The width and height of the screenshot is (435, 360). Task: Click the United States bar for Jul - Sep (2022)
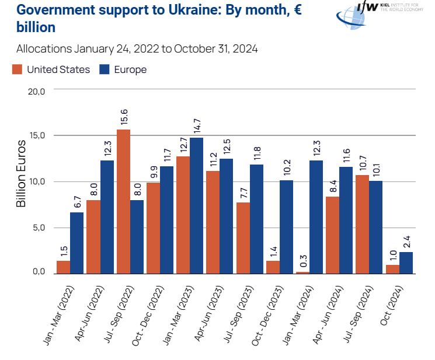pyautogui.click(x=123, y=201)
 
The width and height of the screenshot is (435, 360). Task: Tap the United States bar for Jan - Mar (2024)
pyautogui.click(x=303, y=272)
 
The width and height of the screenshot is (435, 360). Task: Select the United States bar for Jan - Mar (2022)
pyautogui.click(x=64, y=267)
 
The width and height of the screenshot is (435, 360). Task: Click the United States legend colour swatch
pyautogui.click(x=17, y=69)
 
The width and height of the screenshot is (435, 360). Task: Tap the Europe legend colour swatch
pyautogui.click(x=105, y=69)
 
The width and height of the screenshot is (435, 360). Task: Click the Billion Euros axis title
pyautogui.click(x=22, y=173)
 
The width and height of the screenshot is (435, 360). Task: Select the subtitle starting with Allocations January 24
pyautogui.click(x=137, y=48)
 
